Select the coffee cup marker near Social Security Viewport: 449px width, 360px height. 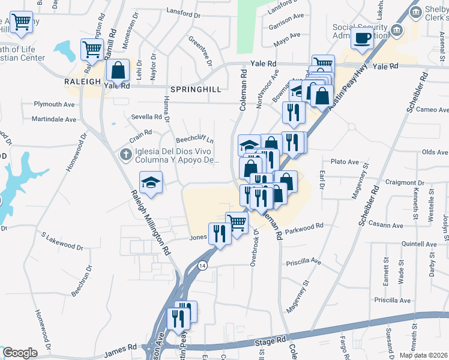click(x=363, y=38)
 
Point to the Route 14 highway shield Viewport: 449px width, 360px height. click(x=204, y=265)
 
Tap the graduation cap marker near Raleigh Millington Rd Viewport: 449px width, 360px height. click(x=151, y=183)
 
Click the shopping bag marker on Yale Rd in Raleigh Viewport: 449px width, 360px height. click(x=118, y=70)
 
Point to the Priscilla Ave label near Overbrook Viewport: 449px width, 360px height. click(x=304, y=262)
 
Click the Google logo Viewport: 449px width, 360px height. click(x=19, y=353)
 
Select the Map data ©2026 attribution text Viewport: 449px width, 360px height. click(x=424, y=355)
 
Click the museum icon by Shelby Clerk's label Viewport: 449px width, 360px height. click(x=397, y=31)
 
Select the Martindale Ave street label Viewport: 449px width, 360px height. click(x=55, y=119)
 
